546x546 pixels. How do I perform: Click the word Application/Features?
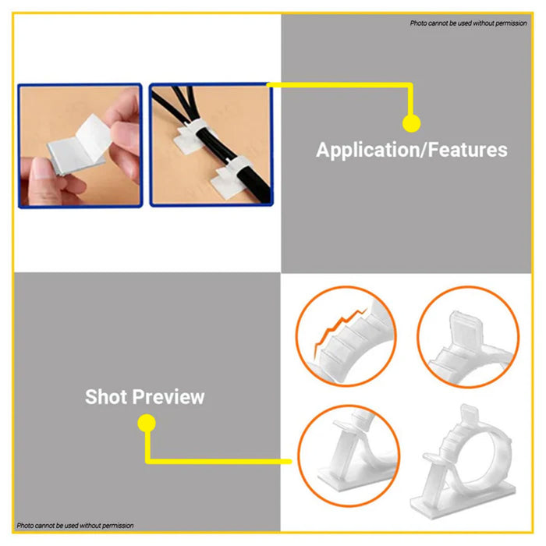412,151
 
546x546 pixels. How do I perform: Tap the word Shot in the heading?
106,396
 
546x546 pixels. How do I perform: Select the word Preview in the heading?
168,397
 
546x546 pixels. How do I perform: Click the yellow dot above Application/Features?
411,123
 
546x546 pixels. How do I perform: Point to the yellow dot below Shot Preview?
147,423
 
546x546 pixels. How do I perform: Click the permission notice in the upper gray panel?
468,23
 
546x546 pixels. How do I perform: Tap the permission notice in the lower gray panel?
75,526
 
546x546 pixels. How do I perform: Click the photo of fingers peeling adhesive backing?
80,146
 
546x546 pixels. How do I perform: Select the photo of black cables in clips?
211,145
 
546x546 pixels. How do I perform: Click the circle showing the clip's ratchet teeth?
346,336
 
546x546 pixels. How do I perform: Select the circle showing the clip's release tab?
468,336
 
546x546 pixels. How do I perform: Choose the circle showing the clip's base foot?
349,456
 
